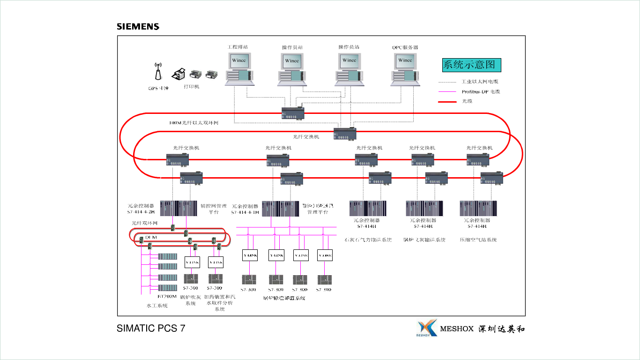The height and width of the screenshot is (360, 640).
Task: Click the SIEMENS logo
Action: (x=138, y=27)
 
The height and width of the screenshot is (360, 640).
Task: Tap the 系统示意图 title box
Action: (x=472, y=65)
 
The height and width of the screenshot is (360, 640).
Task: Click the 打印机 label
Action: (x=191, y=87)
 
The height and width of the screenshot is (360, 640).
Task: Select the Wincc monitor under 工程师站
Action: (x=239, y=60)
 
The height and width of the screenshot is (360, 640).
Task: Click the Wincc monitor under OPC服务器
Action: (x=405, y=60)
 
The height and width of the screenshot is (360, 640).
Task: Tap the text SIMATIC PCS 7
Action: (x=151, y=329)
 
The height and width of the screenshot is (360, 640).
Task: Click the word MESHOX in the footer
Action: (x=457, y=329)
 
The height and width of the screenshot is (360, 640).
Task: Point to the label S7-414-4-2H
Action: (x=141, y=212)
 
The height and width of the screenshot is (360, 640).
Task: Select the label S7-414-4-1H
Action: (x=245, y=212)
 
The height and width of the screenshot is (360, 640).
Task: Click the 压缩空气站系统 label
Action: (x=478, y=240)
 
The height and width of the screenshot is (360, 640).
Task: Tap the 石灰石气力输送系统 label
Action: (x=368, y=240)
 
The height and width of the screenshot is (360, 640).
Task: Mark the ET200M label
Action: (x=167, y=297)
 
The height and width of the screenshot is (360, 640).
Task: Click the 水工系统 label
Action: (x=157, y=306)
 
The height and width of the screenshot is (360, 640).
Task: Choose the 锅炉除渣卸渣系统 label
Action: (x=284, y=298)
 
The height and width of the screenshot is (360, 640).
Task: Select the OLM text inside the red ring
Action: (x=151, y=238)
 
